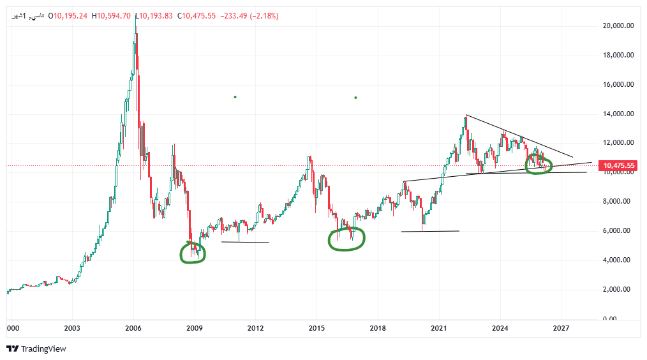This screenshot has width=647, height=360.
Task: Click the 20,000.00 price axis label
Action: (618, 26)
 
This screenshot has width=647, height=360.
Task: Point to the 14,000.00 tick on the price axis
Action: (618, 114)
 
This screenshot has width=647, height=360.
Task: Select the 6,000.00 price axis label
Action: (618, 231)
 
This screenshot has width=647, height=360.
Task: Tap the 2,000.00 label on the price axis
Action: (618, 290)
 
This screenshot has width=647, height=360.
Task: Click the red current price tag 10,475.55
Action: (618, 166)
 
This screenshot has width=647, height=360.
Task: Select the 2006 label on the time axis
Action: (133, 329)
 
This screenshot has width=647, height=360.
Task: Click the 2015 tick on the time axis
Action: (316, 329)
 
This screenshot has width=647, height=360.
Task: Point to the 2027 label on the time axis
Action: (561, 329)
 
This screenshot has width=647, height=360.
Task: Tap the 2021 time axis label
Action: (438, 329)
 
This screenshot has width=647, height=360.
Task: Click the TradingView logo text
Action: (43, 349)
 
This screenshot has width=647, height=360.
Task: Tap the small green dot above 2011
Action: (235, 97)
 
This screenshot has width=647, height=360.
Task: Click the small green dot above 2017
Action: (355, 98)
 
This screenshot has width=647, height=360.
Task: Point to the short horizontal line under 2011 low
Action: (245, 242)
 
